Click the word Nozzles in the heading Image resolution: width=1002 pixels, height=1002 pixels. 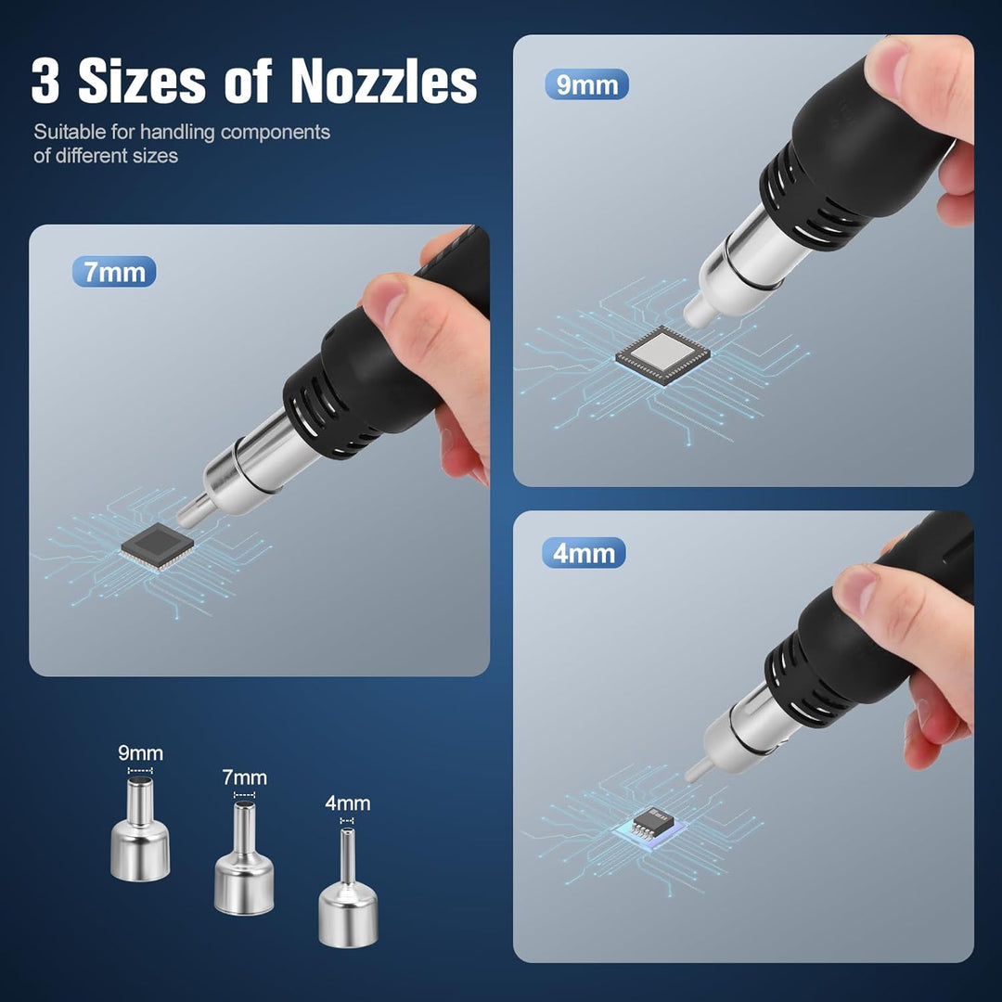tap(384, 81)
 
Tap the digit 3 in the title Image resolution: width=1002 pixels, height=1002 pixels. tap(45, 81)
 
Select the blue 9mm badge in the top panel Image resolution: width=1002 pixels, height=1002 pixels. tap(586, 84)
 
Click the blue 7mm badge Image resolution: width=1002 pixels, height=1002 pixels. tap(114, 272)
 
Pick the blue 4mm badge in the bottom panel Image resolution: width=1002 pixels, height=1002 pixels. tap(584, 553)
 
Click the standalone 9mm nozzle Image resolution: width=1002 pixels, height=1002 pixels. tap(140, 829)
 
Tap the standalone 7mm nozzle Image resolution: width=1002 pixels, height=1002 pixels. tap(244, 857)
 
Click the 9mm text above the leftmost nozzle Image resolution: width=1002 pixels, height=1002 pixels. tap(141, 752)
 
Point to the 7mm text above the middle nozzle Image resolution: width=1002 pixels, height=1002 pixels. tap(244, 777)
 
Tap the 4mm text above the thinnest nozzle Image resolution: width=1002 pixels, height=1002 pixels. tap(348, 803)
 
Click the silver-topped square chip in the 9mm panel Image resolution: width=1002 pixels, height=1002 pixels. tap(662, 354)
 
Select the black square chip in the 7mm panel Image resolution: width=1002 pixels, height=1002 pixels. tap(158, 546)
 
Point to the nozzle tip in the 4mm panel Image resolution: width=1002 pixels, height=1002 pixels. tap(691, 776)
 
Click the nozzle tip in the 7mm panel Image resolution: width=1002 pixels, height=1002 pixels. tap(186, 517)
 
